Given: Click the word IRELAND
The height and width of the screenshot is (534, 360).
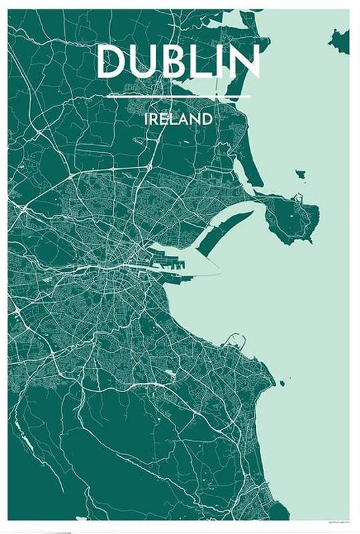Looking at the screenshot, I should [x=178, y=119].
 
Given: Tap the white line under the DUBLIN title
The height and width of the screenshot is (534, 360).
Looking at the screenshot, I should [x=178, y=96].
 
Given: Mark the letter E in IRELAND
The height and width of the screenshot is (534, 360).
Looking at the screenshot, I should [x=165, y=119].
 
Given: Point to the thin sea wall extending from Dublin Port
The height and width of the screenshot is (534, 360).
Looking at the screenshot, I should [x=203, y=275].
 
